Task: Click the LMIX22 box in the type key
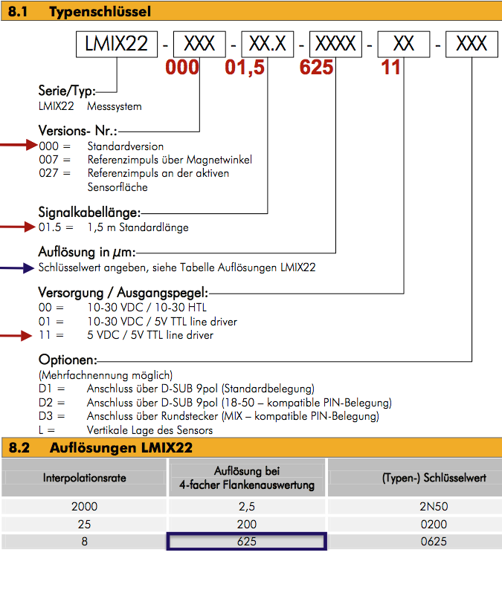point(117,45)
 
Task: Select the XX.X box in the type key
point(268,45)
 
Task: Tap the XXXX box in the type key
point(336,45)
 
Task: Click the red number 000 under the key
point(182,68)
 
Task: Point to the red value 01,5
point(249,68)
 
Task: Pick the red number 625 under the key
point(320,68)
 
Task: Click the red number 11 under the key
point(390,68)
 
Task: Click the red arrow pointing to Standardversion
point(18,145)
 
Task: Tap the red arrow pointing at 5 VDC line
point(18,335)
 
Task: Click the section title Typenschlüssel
point(100,11)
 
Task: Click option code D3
point(46,416)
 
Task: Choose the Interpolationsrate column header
point(85,478)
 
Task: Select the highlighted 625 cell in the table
point(247,542)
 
